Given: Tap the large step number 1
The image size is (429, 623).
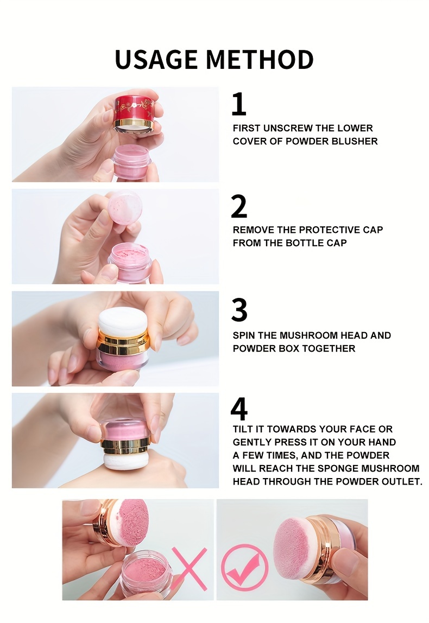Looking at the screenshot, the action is (x=239, y=104).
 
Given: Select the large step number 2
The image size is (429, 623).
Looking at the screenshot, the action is (x=239, y=206).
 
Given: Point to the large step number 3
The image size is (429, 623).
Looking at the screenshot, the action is (x=239, y=310).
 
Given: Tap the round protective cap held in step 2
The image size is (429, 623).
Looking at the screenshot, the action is (x=125, y=208).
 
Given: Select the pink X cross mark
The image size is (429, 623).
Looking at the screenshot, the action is (x=190, y=569).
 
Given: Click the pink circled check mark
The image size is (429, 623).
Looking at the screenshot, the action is (x=244, y=566).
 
